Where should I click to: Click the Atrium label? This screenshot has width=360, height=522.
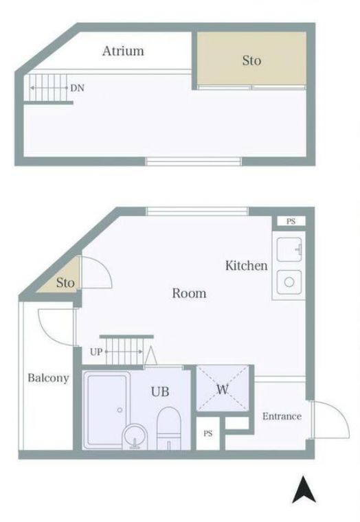[x=123, y=51]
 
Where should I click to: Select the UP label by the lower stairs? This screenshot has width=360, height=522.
[x=95, y=352]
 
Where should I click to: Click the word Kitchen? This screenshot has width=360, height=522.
[x=246, y=265]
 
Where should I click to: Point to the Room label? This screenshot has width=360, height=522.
[x=189, y=293]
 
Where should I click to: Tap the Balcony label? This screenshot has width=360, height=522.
[x=48, y=378]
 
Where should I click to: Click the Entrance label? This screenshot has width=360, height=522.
[x=282, y=416]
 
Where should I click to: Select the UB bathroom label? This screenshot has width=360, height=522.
[x=160, y=391]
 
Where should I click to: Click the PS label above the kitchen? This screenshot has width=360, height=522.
[x=291, y=221]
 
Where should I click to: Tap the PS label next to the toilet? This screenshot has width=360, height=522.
[x=207, y=434]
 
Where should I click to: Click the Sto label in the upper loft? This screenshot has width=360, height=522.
[x=251, y=60]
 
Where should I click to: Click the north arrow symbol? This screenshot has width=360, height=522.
[x=300, y=490]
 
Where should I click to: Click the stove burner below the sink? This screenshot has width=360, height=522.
[x=289, y=282]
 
